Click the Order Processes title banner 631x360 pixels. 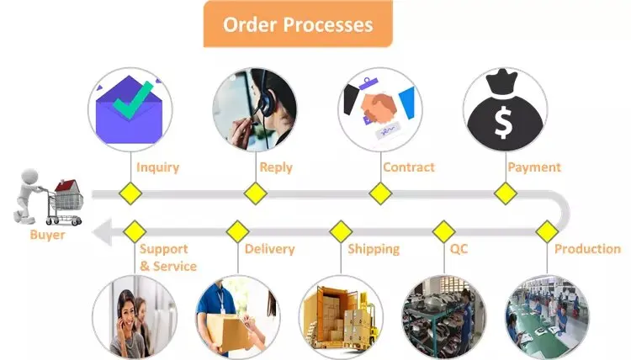pyautogui.click(x=298, y=24)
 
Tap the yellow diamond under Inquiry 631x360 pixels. pyautogui.click(x=130, y=193)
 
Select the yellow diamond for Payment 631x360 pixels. pyautogui.click(x=506, y=193)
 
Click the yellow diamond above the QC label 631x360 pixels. pyautogui.click(x=444, y=231)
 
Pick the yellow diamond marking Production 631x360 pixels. pyautogui.click(x=548, y=231)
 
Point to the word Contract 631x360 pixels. pyautogui.click(x=409, y=167)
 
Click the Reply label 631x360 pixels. pyautogui.click(x=276, y=167)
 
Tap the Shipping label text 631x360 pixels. pyautogui.click(x=374, y=249)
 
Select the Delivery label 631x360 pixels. pyautogui.click(x=269, y=249)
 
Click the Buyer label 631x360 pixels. pyautogui.click(x=47, y=235)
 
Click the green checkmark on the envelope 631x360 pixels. pyautogui.click(x=133, y=100)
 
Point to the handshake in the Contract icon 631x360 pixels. pyautogui.click(x=378, y=108)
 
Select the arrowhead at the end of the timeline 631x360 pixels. pyautogui.click(x=102, y=231)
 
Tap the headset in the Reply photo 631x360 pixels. pyautogui.click(x=264, y=101)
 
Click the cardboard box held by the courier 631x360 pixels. pyautogui.click(x=226, y=332)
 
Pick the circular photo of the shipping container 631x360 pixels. pyautogui.click(x=342, y=317)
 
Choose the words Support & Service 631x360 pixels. pyautogui.click(x=168, y=257)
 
